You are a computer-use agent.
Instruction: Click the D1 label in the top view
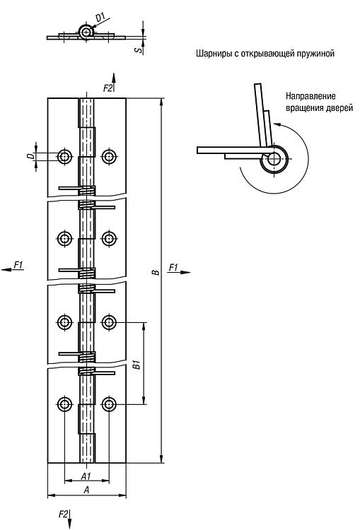point(101,17)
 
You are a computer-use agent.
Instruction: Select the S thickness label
point(138,49)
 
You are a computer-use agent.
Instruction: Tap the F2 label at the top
point(108,88)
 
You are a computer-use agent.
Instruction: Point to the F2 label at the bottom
point(63,514)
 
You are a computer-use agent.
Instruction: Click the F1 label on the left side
point(18,265)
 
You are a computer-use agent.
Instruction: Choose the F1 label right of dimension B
point(173,267)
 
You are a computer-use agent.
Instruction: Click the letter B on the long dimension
point(156,272)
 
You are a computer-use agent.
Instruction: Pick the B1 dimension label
point(137,365)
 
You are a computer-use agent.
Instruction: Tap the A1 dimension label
point(86,476)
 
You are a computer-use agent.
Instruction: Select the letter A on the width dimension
point(86,490)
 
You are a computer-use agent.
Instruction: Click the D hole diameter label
point(31,156)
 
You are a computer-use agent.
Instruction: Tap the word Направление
point(310,96)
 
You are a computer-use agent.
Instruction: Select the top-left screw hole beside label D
point(64,156)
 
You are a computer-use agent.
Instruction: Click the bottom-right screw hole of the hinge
point(109,404)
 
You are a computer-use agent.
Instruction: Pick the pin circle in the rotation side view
point(274,159)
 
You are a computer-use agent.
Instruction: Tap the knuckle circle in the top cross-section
point(86,32)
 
